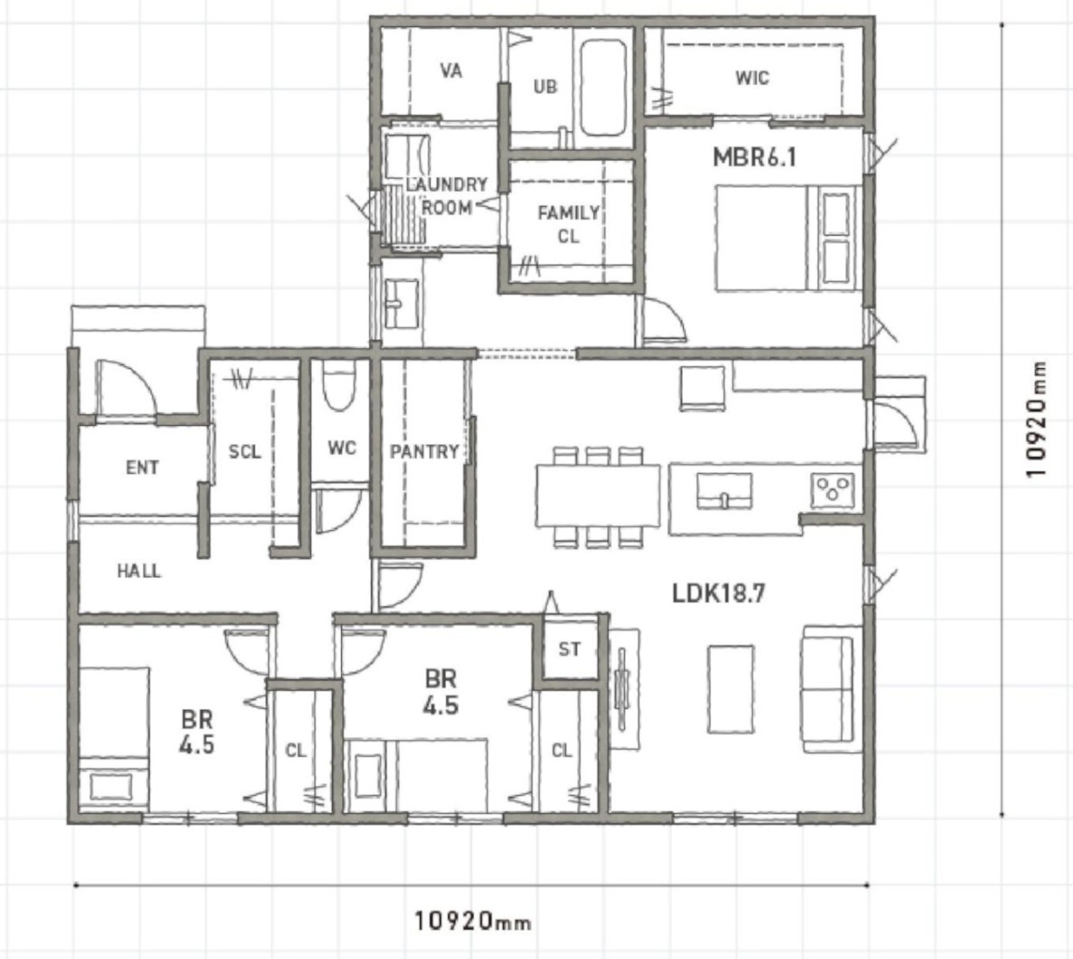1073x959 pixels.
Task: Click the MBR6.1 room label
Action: tap(754, 158)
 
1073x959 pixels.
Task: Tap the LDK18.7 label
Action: tap(718, 593)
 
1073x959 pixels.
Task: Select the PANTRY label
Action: tap(424, 451)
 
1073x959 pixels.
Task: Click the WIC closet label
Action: tap(752, 77)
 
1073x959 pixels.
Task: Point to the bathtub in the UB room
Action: tap(603, 87)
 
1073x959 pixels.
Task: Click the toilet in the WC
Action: tap(338, 387)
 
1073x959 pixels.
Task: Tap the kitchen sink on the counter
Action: tap(724, 491)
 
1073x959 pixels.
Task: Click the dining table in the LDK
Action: tap(598, 496)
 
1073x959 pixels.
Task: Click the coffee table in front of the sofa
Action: tap(731, 689)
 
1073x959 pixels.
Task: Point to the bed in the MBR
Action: tap(785, 238)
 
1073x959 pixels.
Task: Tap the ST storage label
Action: tap(570, 648)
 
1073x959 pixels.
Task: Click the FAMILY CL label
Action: tap(569, 225)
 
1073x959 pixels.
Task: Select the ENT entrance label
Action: tap(142, 467)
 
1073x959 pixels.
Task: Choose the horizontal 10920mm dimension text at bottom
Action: tap(473, 921)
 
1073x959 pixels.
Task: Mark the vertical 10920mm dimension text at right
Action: tap(1036, 419)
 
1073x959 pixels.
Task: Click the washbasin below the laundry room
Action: tap(401, 304)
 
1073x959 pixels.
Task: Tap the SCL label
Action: tap(244, 451)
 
